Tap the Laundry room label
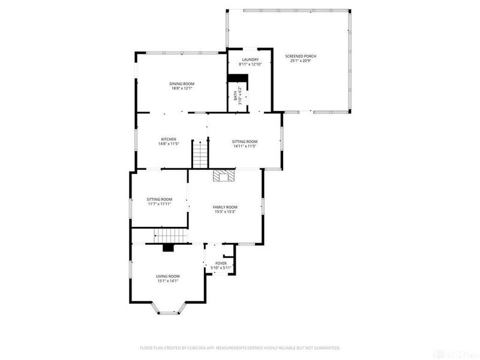(x=250, y=59)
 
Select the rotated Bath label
(x=235, y=96)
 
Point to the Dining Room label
(x=181, y=84)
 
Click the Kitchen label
(x=168, y=139)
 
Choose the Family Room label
(x=225, y=207)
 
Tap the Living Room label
(x=168, y=276)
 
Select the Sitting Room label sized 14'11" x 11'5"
(x=245, y=142)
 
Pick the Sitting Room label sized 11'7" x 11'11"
(x=160, y=199)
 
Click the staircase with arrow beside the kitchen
(x=200, y=154)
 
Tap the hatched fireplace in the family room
(x=224, y=175)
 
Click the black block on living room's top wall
(x=168, y=247)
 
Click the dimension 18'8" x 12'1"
(x=181, y=88)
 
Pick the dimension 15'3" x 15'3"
(x=225, y=211)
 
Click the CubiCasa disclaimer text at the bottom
(x=240, y=347)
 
